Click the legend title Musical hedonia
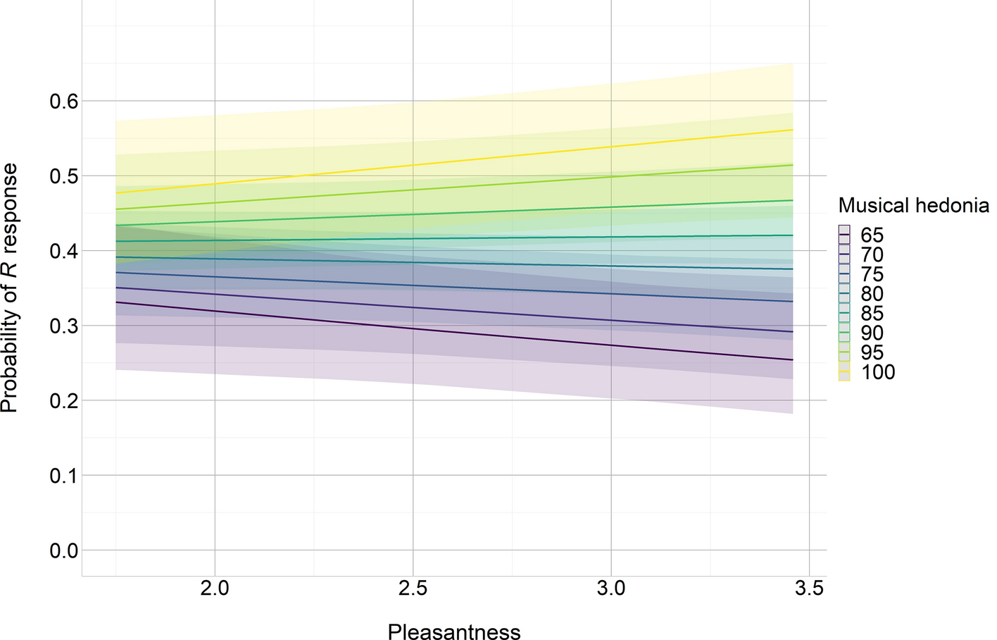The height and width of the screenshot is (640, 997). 913,206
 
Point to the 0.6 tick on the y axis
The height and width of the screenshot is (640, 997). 63,101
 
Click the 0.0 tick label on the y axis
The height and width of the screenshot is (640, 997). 63,550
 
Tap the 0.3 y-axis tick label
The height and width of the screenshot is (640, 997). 63,326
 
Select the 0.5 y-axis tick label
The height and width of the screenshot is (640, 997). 63,176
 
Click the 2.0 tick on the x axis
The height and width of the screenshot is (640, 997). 214,589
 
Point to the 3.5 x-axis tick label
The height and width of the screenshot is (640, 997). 809,589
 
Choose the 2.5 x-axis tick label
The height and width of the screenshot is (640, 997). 413,589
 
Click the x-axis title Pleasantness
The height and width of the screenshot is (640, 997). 454,632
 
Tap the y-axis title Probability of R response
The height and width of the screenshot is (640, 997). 10,288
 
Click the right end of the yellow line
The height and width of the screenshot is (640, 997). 793,130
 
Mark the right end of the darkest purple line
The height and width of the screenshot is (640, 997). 793,360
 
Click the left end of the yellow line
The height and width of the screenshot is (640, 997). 116,193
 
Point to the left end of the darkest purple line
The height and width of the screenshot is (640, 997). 116,302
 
